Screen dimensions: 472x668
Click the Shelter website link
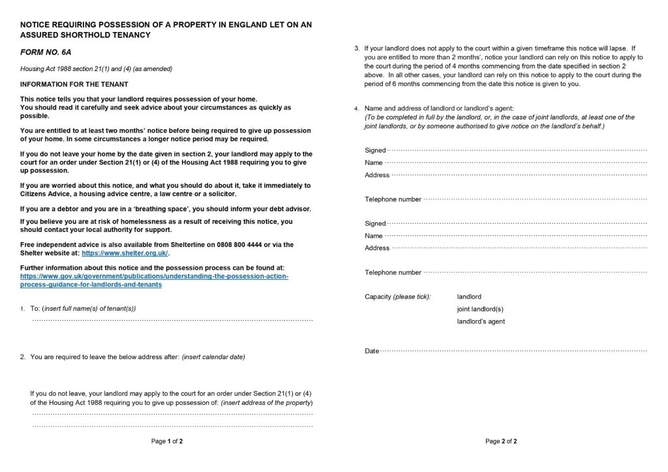125,253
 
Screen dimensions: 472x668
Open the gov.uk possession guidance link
154,276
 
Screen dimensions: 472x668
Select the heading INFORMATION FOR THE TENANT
74,84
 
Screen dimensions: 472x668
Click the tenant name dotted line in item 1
172,320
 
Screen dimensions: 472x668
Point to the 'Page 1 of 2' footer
167,441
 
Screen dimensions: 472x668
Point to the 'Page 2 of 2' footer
501,441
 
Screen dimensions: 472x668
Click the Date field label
372,351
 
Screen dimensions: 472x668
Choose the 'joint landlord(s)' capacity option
480,309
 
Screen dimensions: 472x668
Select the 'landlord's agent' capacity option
481,321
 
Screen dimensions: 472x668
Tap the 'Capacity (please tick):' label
397,297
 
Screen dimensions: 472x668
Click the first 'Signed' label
375,151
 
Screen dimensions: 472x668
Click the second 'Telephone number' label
393,273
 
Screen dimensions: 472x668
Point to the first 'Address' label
377,175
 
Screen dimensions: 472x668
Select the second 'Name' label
374,235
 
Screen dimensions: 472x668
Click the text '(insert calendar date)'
213,357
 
